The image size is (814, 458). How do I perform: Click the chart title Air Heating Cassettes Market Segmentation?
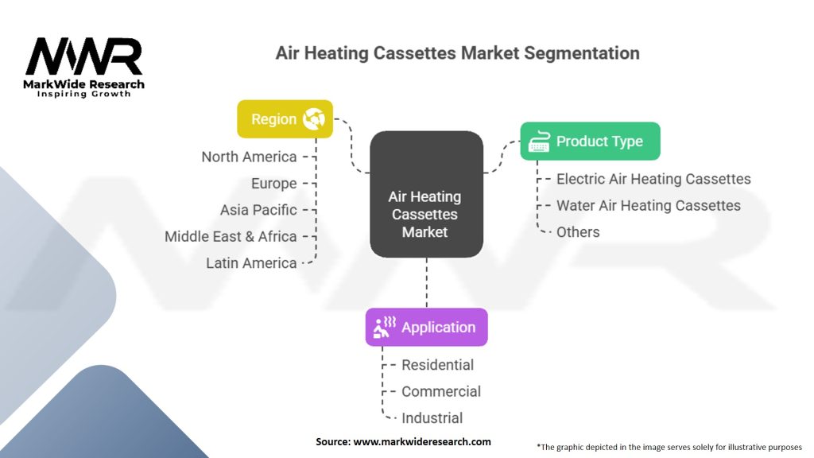(457, 53)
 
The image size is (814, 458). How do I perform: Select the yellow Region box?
(285, 119)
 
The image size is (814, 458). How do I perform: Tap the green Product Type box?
(590, 142)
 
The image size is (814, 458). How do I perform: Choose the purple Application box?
(426, 327)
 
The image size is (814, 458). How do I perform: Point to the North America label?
(249, 157)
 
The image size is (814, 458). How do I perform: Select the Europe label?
(273, 184)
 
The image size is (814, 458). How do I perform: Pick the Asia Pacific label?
(258, 210)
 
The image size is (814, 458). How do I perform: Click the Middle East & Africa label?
(231, 236)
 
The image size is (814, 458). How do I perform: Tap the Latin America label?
(251, 263)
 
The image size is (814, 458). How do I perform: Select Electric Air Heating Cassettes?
(653, 179)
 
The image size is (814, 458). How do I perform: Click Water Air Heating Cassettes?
(649, 205)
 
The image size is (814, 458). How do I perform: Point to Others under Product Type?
(578, 232)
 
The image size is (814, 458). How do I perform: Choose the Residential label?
(437, 365)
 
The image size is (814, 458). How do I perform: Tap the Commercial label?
(441, 391)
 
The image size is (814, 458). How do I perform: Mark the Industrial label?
(432, 417)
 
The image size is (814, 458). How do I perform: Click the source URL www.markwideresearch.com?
(422, 441)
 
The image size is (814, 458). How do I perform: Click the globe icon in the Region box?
(314, 119)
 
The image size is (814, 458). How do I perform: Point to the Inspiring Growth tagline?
(84, 94)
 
